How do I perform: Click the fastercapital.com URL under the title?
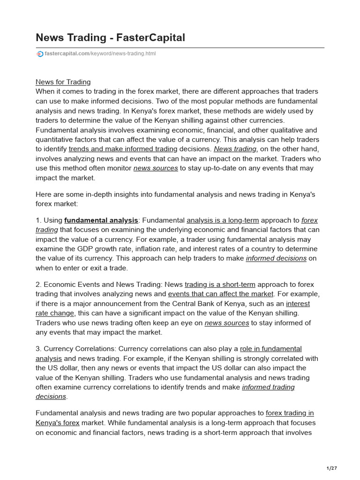pyautogui.click(x=100, y=54)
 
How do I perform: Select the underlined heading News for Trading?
pyautogui.click(x=63, y=82)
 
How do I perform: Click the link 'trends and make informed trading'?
pyautogui.click(x=122, y=149)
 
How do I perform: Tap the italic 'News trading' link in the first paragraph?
pyautogui.click(x=235, y=149)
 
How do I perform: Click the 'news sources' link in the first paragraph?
pyautogui.click(x=155, y=168)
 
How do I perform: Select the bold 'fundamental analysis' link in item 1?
pyautogui.click(x=101, y=220)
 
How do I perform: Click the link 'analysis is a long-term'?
pyautogui.click(x=222, y=220)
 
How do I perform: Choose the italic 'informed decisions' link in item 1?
pyautogui.click(x=276, y=258)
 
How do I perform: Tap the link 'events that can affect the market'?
pyautogui.click(x=220, y=294)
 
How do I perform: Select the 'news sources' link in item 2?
pyautogui.click(x=226, y=323)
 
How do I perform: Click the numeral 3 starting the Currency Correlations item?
pyautogui.click(x=37, y=349)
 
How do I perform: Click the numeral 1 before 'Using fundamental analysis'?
pyautogui.click(x=37, y=220)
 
